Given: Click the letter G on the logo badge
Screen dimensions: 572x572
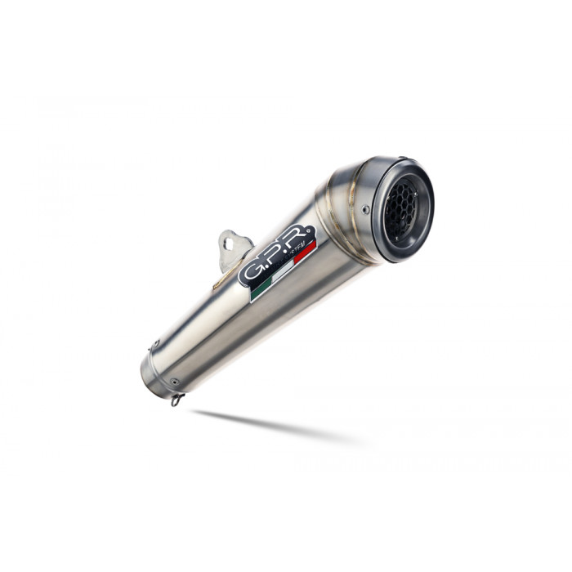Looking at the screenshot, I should [252, 270].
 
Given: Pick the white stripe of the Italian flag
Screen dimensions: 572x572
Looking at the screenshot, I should [283, 271].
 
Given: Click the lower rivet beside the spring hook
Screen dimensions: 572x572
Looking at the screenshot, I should [173, 381].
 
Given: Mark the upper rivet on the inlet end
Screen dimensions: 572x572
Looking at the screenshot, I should [151, 344].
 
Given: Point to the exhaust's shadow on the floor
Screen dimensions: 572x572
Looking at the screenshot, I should [270, 425].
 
